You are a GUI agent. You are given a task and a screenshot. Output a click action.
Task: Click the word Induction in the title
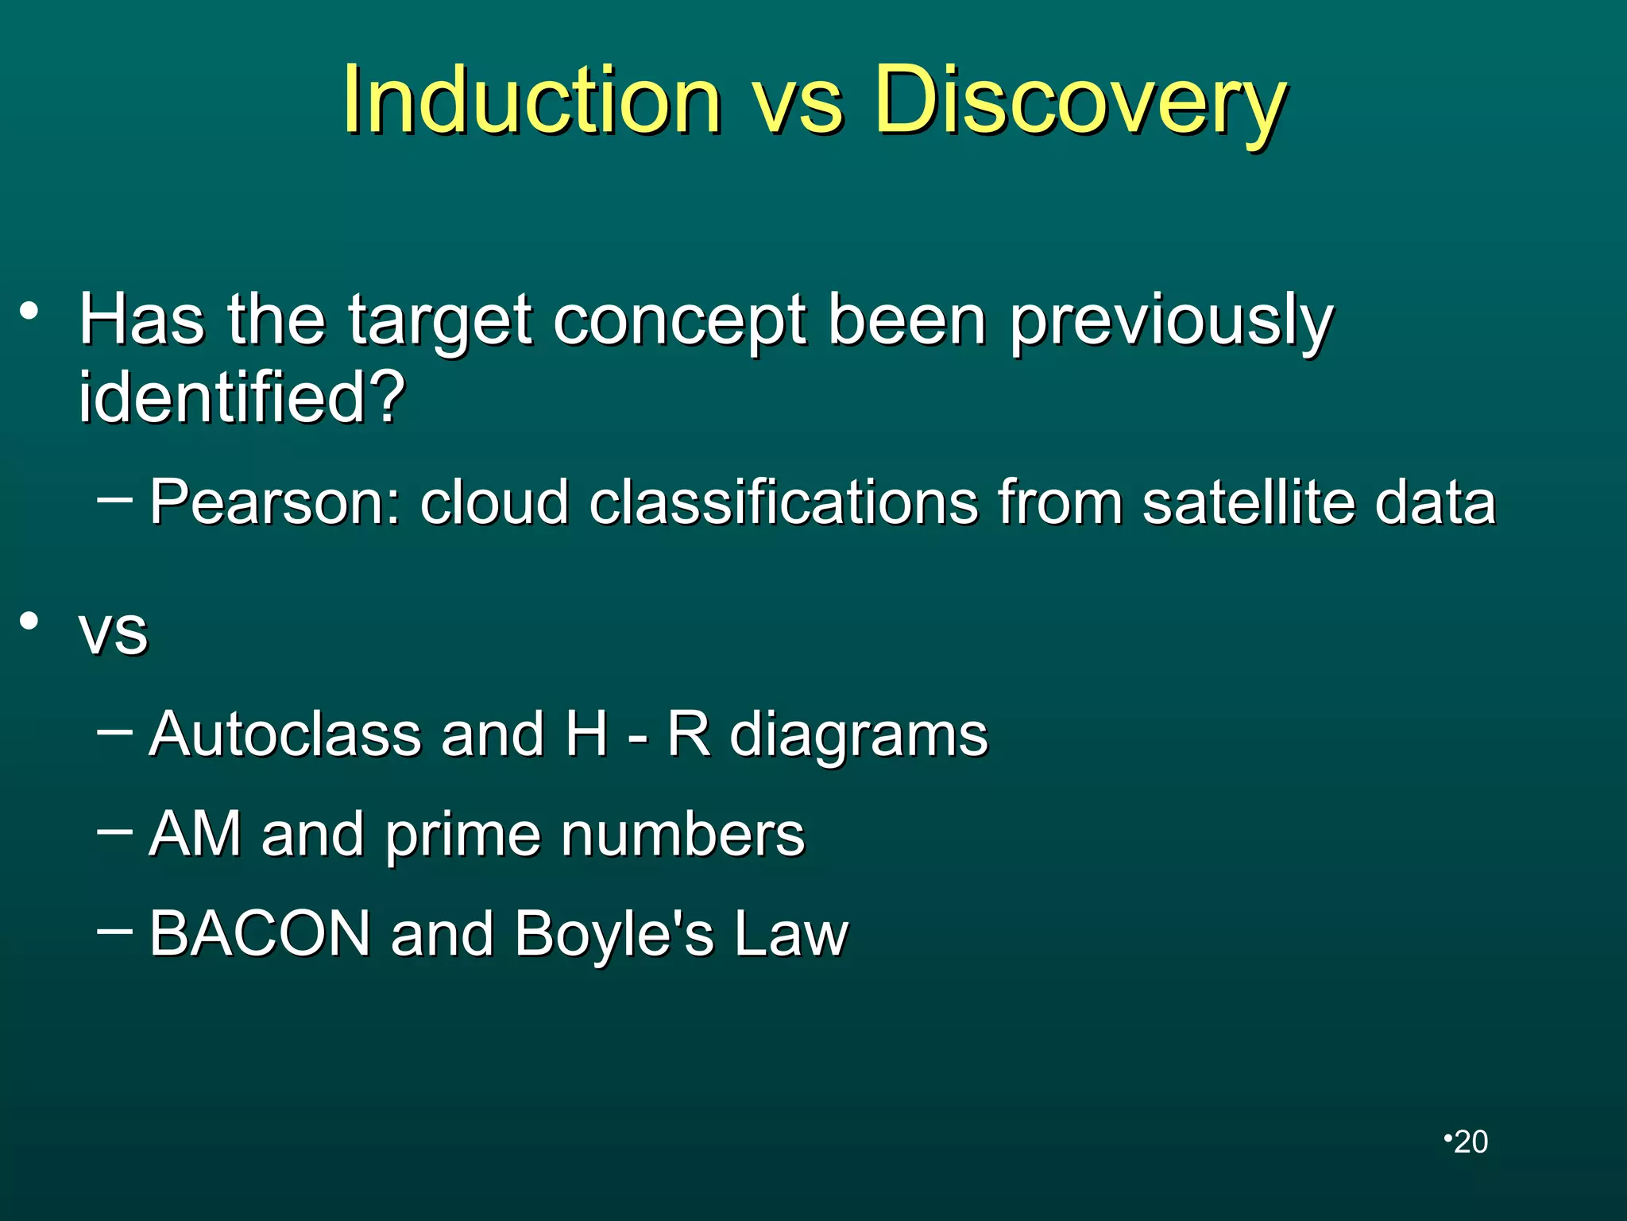(531, 101)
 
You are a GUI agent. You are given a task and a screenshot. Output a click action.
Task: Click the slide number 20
(1470, 1142)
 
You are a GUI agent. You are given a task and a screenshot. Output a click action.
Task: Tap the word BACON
(260, 933)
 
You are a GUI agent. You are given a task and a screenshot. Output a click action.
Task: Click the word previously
(1171, 320)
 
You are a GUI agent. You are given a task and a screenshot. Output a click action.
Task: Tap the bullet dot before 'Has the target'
(29, 311)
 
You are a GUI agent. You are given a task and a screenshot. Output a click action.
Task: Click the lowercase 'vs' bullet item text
(113, 631)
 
